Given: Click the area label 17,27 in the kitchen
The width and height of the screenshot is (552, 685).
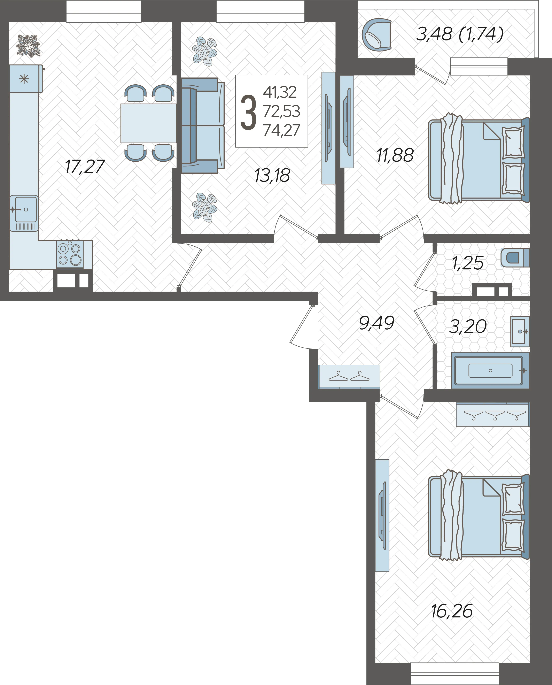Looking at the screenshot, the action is pos(85,167).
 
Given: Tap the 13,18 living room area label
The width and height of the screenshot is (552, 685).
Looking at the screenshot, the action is pos(272,176).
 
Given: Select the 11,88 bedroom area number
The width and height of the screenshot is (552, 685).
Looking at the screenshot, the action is pos(395,155).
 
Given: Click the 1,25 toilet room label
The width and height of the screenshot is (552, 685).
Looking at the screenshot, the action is pos(467,263).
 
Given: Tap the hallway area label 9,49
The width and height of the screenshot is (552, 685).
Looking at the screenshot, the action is pos(376,323).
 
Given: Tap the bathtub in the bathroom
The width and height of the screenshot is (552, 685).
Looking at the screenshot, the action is pos(490,370).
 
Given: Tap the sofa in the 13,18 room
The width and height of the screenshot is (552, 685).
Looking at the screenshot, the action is pos(203,126).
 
